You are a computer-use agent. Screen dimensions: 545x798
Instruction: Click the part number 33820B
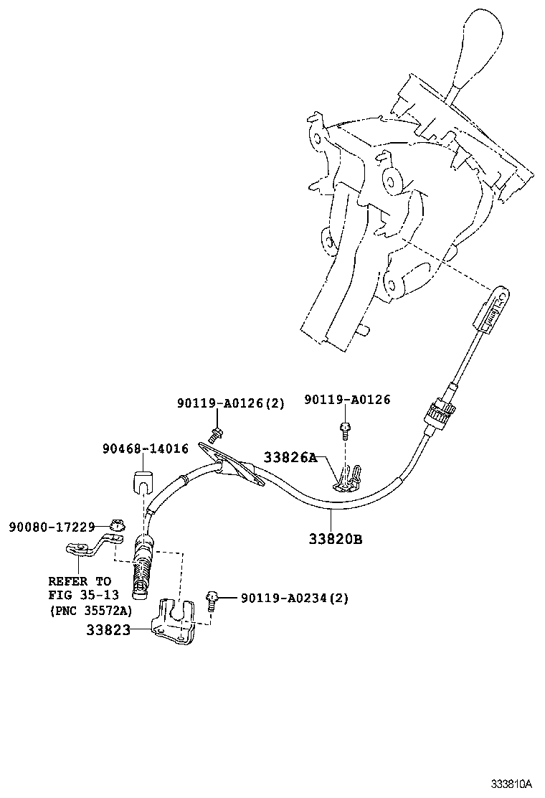(335, 538)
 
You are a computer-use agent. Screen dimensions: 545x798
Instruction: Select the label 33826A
(290, 457)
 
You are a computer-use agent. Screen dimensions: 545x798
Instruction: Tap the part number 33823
(108, 630)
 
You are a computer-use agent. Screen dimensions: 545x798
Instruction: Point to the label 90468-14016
(146, 449)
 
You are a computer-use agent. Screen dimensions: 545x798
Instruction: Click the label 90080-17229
(52, 527)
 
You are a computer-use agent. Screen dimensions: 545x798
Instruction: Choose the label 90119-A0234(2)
(295, 598)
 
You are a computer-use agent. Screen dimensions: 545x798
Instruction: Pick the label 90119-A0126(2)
(231, 403)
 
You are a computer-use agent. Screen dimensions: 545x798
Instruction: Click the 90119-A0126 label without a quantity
(347, 400)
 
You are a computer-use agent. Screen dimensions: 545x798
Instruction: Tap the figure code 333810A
(511, 783)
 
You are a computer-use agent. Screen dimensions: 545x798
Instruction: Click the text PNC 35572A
(92, 610)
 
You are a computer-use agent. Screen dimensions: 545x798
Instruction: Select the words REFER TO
(80, 581)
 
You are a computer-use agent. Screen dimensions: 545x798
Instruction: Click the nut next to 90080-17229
(118, 525)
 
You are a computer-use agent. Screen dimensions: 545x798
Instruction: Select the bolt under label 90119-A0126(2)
(217, 434)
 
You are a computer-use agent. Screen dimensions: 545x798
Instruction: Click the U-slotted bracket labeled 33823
(174, 621)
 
